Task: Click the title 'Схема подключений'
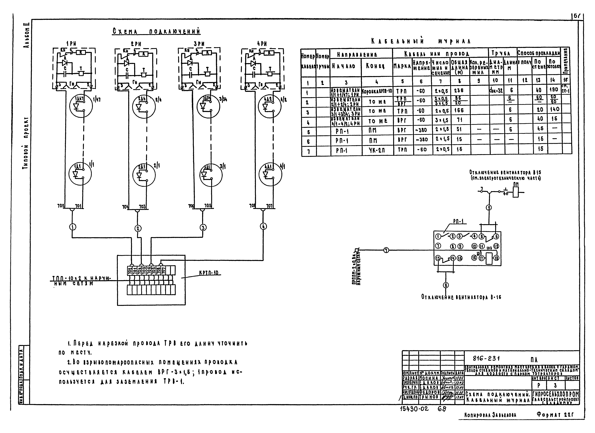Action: point(157,32)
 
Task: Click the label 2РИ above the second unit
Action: point(136,44)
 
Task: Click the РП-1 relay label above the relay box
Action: point(458,222)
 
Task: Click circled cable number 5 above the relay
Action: point(489,208)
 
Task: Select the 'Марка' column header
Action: point(402,66)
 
